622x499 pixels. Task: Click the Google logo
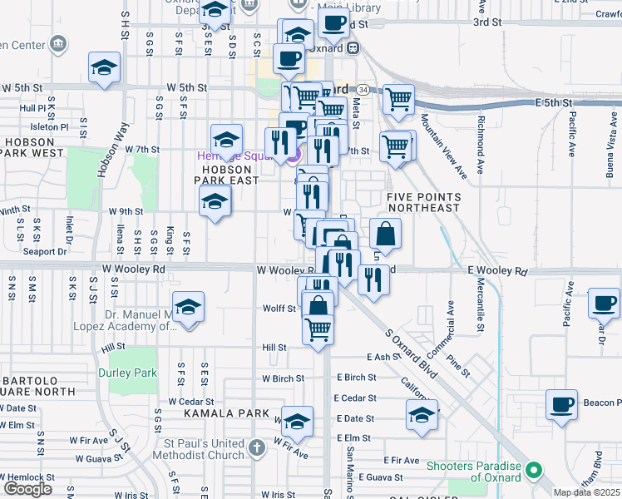(28, 488)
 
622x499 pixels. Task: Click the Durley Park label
(133, 373)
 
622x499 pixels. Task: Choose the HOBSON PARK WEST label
(34, 148)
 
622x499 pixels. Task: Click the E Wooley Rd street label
(497, 272)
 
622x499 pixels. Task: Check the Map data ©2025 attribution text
(586, 492)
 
